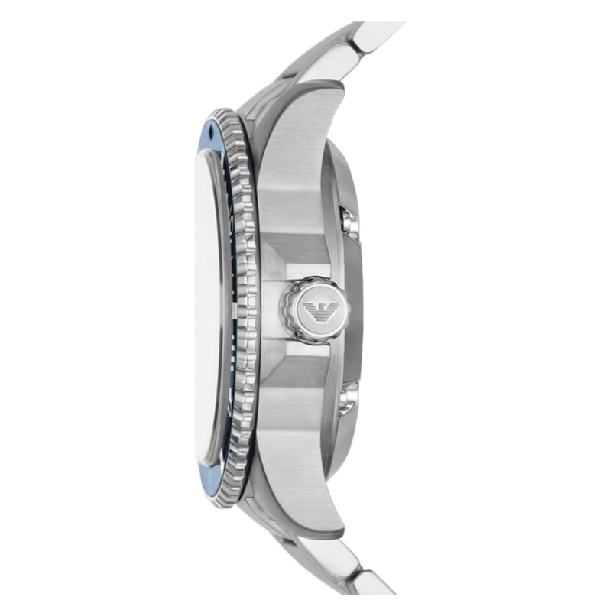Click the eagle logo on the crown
pos(316,310)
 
